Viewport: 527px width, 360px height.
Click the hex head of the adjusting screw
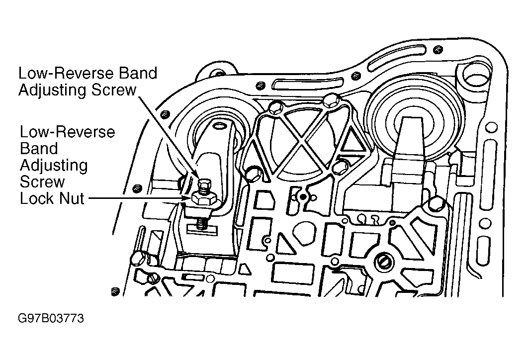tap(204, 183)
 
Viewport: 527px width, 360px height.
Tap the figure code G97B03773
tap(51, 318)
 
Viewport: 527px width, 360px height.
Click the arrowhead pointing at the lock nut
tap(186, 199)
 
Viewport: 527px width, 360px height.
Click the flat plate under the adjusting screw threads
tap(201, 230)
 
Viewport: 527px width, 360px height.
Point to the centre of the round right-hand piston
tap(413, 123)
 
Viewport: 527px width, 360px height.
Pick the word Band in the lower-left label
tap(39, 148)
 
